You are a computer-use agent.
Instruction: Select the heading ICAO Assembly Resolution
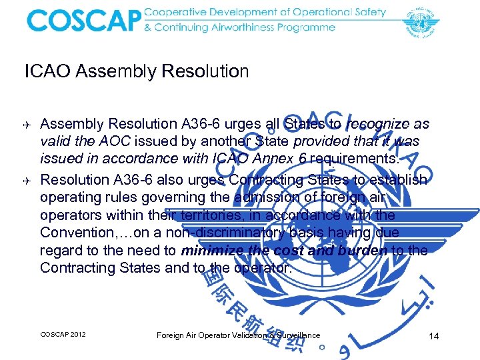tap(137, 71)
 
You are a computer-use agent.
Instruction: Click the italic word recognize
tap(377, 124)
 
